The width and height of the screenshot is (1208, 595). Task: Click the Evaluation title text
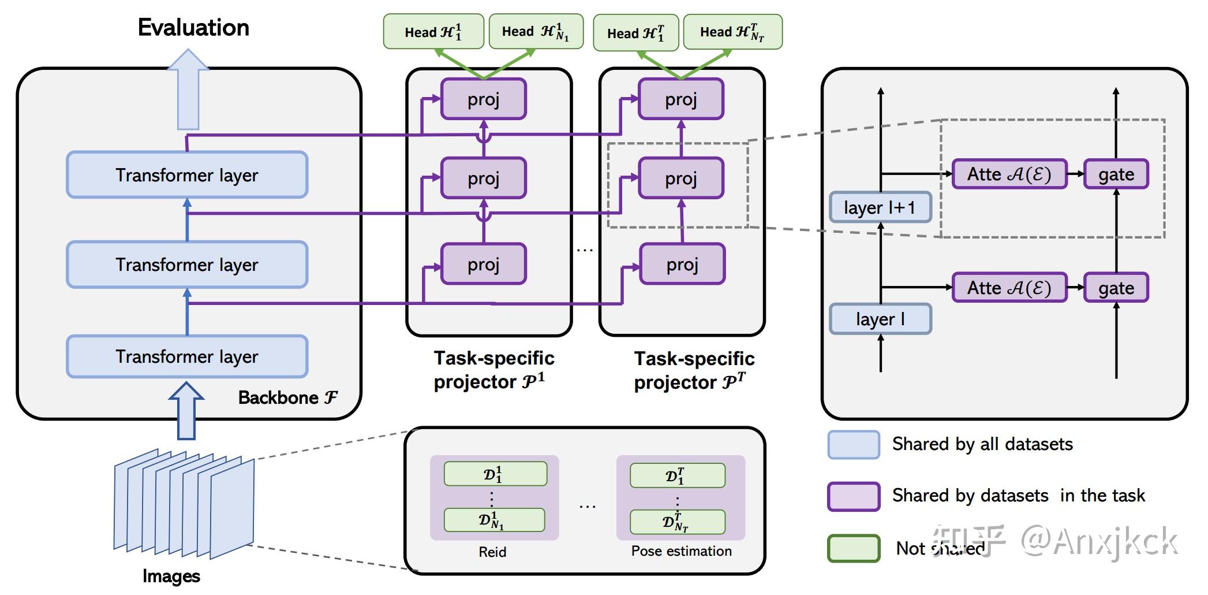[x=193, y=28]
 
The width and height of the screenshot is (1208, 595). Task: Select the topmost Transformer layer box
[x=187, y=175]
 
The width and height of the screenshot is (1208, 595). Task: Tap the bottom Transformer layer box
[x=187, y=356]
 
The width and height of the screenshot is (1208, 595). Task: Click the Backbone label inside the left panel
[x=287, y=397]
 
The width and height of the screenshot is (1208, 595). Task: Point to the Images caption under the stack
[x=171, y=576]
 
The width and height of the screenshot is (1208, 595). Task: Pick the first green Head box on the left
[x=433, y=32]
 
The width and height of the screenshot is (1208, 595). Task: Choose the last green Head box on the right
[x=732, y=32]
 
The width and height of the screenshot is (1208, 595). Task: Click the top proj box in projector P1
[x=483, y=99]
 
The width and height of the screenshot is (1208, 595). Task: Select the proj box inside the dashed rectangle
[x=681, y=178]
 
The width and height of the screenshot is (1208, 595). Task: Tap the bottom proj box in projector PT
[x=682, y=265]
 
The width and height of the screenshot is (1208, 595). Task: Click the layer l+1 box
[x=880, y=207]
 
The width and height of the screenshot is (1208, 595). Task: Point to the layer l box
[x=880, y=319]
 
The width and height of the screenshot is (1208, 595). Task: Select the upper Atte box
[x=1009, y=174]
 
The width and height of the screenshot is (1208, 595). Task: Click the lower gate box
[x=1116, y=288]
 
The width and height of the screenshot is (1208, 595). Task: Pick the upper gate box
[x=1116, y=174]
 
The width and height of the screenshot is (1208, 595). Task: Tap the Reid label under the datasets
[x=492, y=552]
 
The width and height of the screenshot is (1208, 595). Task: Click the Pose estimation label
[x=681, y=551]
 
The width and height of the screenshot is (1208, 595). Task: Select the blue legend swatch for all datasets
[x=854, y=444]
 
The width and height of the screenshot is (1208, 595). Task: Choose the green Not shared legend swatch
[x=854, y=548]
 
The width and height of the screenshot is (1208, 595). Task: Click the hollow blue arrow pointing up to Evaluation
[x=188, y=90]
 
